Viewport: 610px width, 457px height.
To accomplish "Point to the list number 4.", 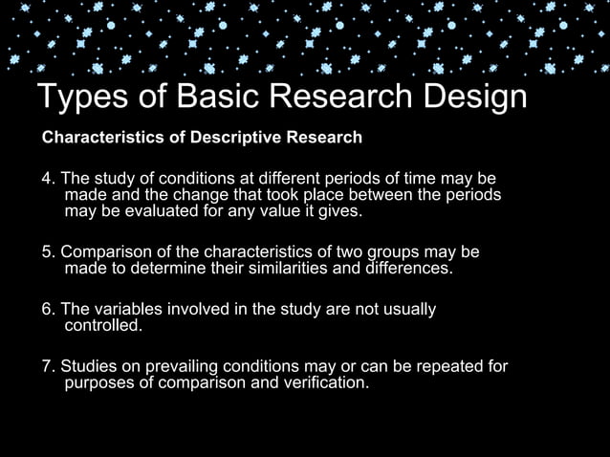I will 48,181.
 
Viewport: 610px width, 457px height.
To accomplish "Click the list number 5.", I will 48,253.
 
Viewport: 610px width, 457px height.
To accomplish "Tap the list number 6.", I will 48,310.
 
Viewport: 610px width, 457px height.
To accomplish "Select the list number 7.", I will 48,367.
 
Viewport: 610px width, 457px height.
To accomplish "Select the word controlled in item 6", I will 102,326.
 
